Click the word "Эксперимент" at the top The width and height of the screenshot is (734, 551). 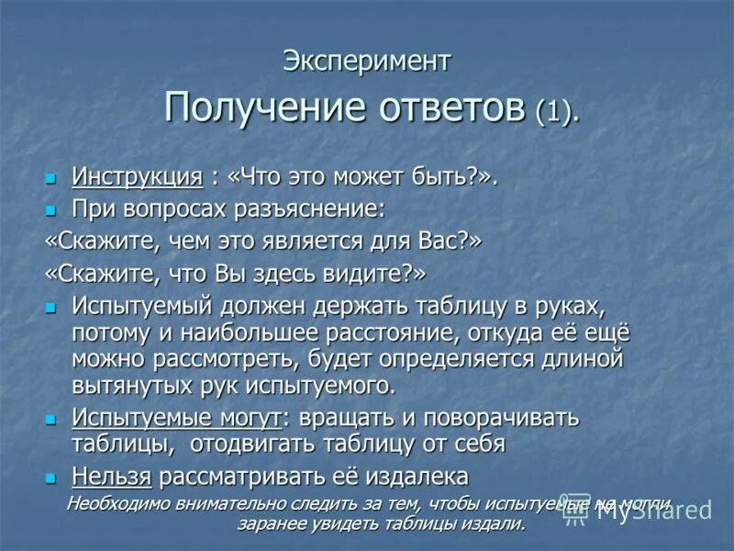tap(367, 62)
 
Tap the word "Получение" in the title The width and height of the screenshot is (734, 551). tap(263, 108)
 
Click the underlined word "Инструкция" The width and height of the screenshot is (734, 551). tap(137, 176)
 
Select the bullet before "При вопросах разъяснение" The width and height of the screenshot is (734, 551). tap(51, 209)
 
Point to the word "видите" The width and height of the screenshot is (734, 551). tap(361, 274)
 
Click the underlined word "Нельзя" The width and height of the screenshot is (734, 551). tap(112, 477)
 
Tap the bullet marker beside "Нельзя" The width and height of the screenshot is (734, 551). tap(51, 477)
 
